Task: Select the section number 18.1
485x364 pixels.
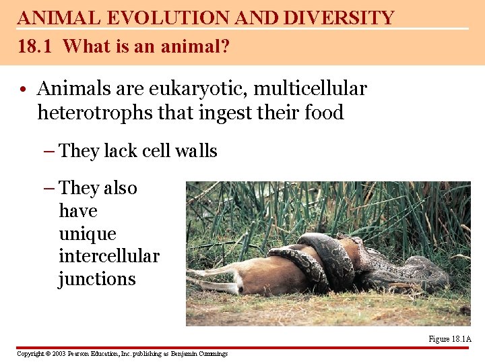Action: pos(37,47)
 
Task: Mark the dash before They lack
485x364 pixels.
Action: pos(50,151)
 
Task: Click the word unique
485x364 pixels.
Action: pos(88,234)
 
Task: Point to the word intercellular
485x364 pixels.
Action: pos(109,256)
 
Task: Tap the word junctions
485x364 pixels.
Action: pos(97,279)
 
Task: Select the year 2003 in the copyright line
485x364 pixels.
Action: pos(58,353)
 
